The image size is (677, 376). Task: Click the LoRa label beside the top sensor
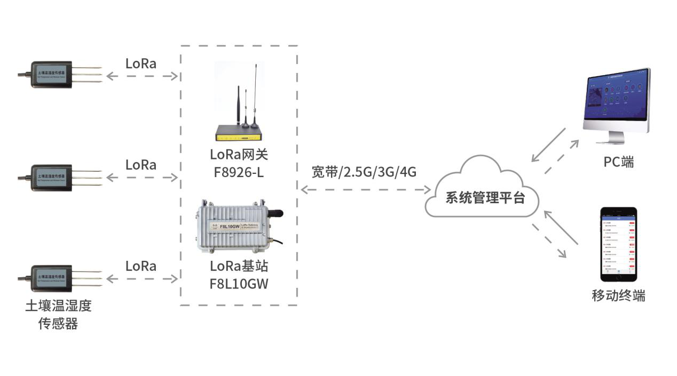point(141,63)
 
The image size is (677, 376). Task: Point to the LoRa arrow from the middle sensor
point(142,177)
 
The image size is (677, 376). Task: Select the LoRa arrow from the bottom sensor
point(142,278)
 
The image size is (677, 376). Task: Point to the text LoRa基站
point(239,266)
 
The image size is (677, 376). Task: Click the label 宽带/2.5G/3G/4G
point(364,172)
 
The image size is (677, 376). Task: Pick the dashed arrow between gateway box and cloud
point(366,189)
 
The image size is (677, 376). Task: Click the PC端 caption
point(619,162)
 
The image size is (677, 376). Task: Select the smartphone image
point(619,244)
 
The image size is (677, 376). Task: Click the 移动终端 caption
point(618,295)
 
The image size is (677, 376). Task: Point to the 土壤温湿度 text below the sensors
point(58,306)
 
